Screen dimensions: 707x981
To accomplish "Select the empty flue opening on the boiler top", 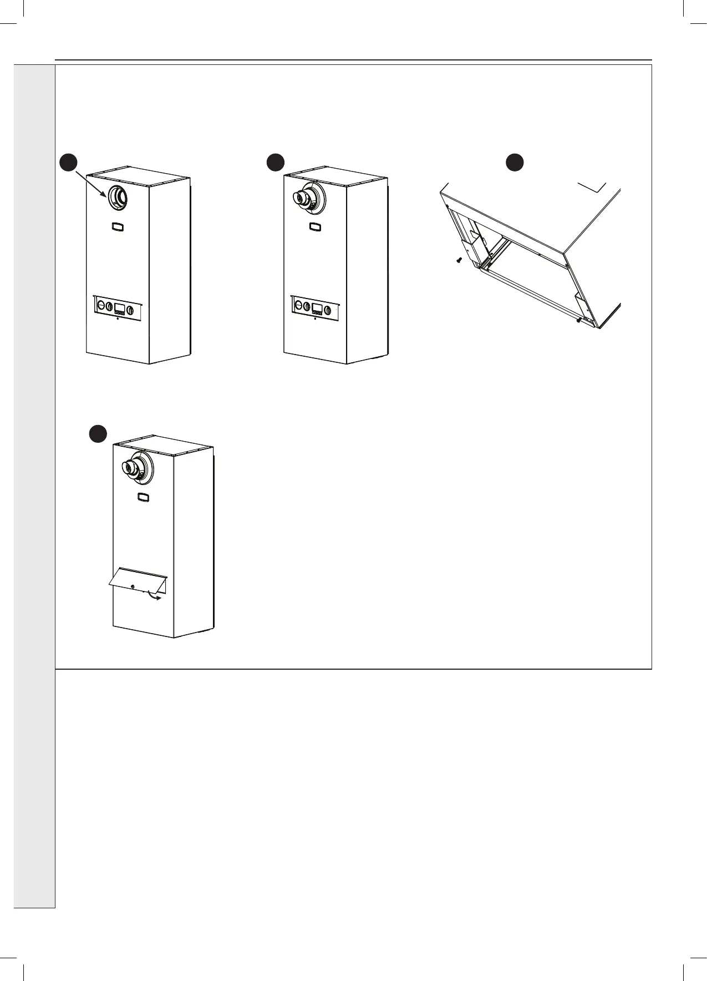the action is click(118, 197).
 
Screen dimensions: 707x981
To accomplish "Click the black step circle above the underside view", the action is click(515, 162).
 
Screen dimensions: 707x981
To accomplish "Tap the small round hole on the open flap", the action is click(133, 586).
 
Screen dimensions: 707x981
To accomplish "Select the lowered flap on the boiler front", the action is click(138, 580).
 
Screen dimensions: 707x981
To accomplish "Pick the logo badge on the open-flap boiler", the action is click(144, 498).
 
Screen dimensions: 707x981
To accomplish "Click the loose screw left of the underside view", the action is click(459, 260).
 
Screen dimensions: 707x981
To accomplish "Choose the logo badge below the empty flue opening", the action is click(118, 226).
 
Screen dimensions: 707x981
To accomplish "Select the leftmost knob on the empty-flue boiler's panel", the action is click(101, 305).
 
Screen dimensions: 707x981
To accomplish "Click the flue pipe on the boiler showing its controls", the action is click(302, 198).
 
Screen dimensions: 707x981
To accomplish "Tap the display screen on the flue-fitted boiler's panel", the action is click(318, 309).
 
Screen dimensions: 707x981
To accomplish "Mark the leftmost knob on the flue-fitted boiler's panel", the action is click(298, 305).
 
